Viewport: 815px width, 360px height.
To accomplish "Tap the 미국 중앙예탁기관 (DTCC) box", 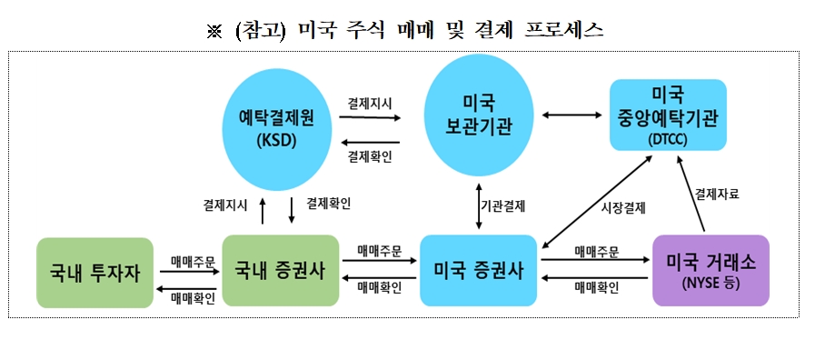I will pos(668,115).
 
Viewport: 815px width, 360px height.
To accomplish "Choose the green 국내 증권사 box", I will pos(279,270).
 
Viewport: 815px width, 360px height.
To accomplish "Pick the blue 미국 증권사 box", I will pos(478,270).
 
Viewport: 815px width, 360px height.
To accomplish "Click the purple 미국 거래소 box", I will pos(711,269).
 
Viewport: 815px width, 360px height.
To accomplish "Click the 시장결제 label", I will pos(624,207).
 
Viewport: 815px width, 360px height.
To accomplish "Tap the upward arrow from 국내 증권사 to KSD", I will pos(262,210).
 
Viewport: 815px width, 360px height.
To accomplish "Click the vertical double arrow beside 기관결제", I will pos(478,207).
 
